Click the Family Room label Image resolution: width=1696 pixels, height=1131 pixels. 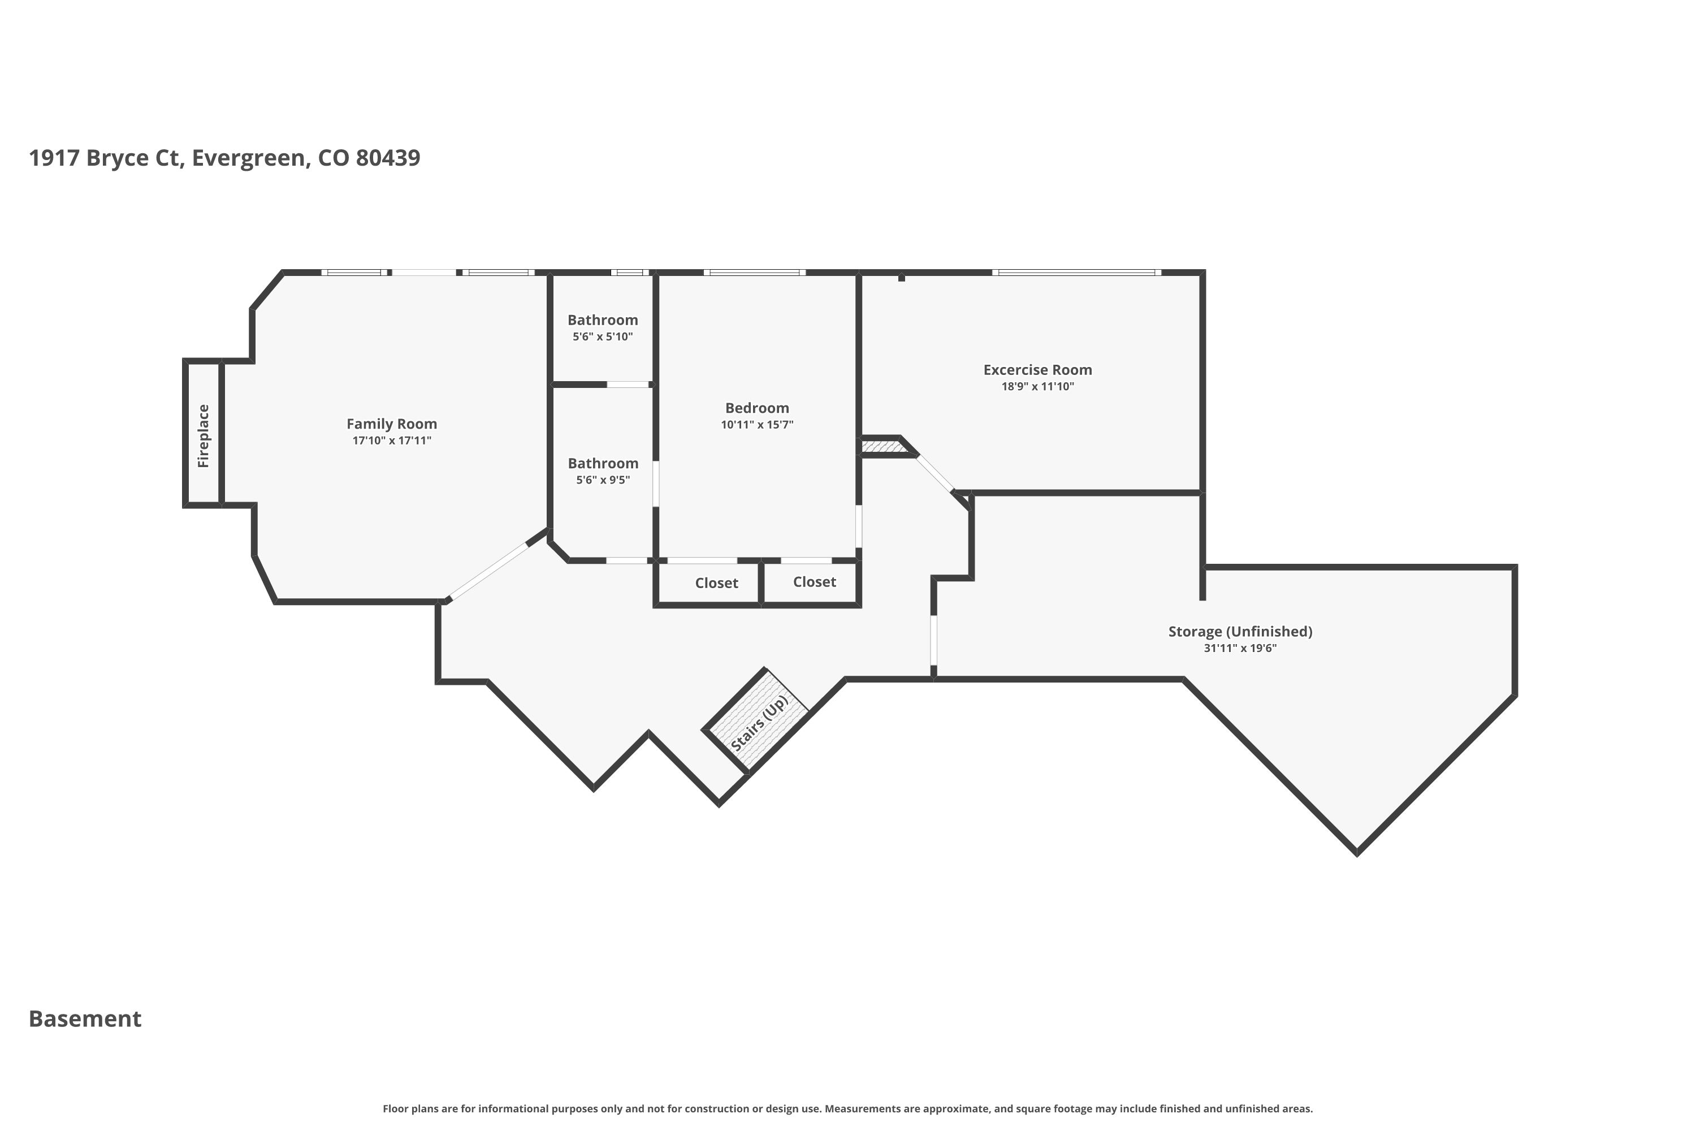392,424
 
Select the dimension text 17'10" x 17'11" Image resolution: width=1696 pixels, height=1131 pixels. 392,441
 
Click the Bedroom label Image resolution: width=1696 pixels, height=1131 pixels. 757,408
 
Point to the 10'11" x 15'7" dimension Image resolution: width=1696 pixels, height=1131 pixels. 757,425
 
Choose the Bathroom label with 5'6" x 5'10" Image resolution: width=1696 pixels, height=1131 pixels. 603,320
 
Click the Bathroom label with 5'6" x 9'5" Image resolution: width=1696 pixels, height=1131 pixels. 603,464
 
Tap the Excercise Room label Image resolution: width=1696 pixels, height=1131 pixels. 1037,370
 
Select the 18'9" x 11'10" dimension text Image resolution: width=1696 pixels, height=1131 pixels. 1037,387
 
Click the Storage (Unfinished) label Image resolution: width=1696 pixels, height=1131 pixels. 1240,632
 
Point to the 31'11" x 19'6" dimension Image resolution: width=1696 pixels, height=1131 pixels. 1240,649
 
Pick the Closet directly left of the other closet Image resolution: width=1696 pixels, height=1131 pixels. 717,584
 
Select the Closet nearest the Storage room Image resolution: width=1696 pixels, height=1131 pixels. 815,582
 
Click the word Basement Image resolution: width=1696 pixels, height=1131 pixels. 85,1018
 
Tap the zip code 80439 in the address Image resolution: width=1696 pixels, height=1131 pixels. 388,158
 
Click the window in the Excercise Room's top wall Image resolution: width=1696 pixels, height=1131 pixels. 1076,273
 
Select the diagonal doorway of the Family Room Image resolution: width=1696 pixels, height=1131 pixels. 488,571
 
